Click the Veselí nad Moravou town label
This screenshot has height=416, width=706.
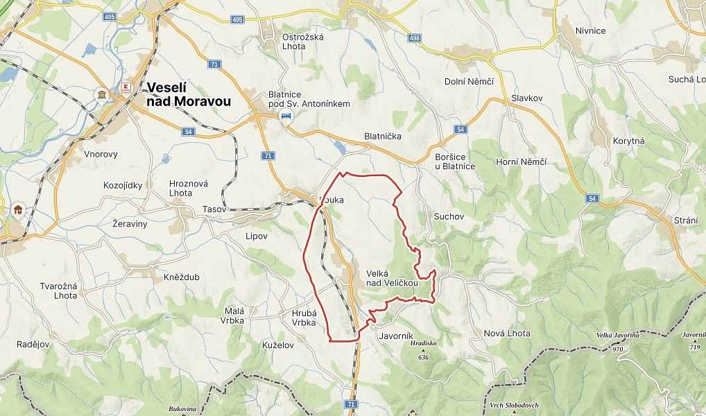click(x=189, y=94)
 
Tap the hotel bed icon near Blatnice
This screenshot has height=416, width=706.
click(x=285, y=116)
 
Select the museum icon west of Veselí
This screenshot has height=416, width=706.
click(x=102, y=94)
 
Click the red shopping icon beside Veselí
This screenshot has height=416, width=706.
click(x=126, y=87)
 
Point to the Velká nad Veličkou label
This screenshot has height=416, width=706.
click(x=392, y=278)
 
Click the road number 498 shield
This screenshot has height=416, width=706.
click(x=414, y=37)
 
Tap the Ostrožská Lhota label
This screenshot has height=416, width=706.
click(x=303, y=42)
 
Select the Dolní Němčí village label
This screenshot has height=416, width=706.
click(x=469, y=81)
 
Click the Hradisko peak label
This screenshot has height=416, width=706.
click(x=423, y=343)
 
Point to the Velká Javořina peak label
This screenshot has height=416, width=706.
click(x=617, y=336)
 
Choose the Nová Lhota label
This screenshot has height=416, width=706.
click(x=507, y=333)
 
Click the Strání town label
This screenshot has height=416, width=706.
click(x=685, y=220)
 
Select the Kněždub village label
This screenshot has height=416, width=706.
click(x=182, y=277)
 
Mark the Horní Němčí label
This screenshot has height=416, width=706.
click(x=522, y=162)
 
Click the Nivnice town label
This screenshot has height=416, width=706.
click(x=589, y=31)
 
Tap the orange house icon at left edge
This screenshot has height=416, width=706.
click(x=18, y=210)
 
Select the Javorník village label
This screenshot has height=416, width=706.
click(x=397, y=335)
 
